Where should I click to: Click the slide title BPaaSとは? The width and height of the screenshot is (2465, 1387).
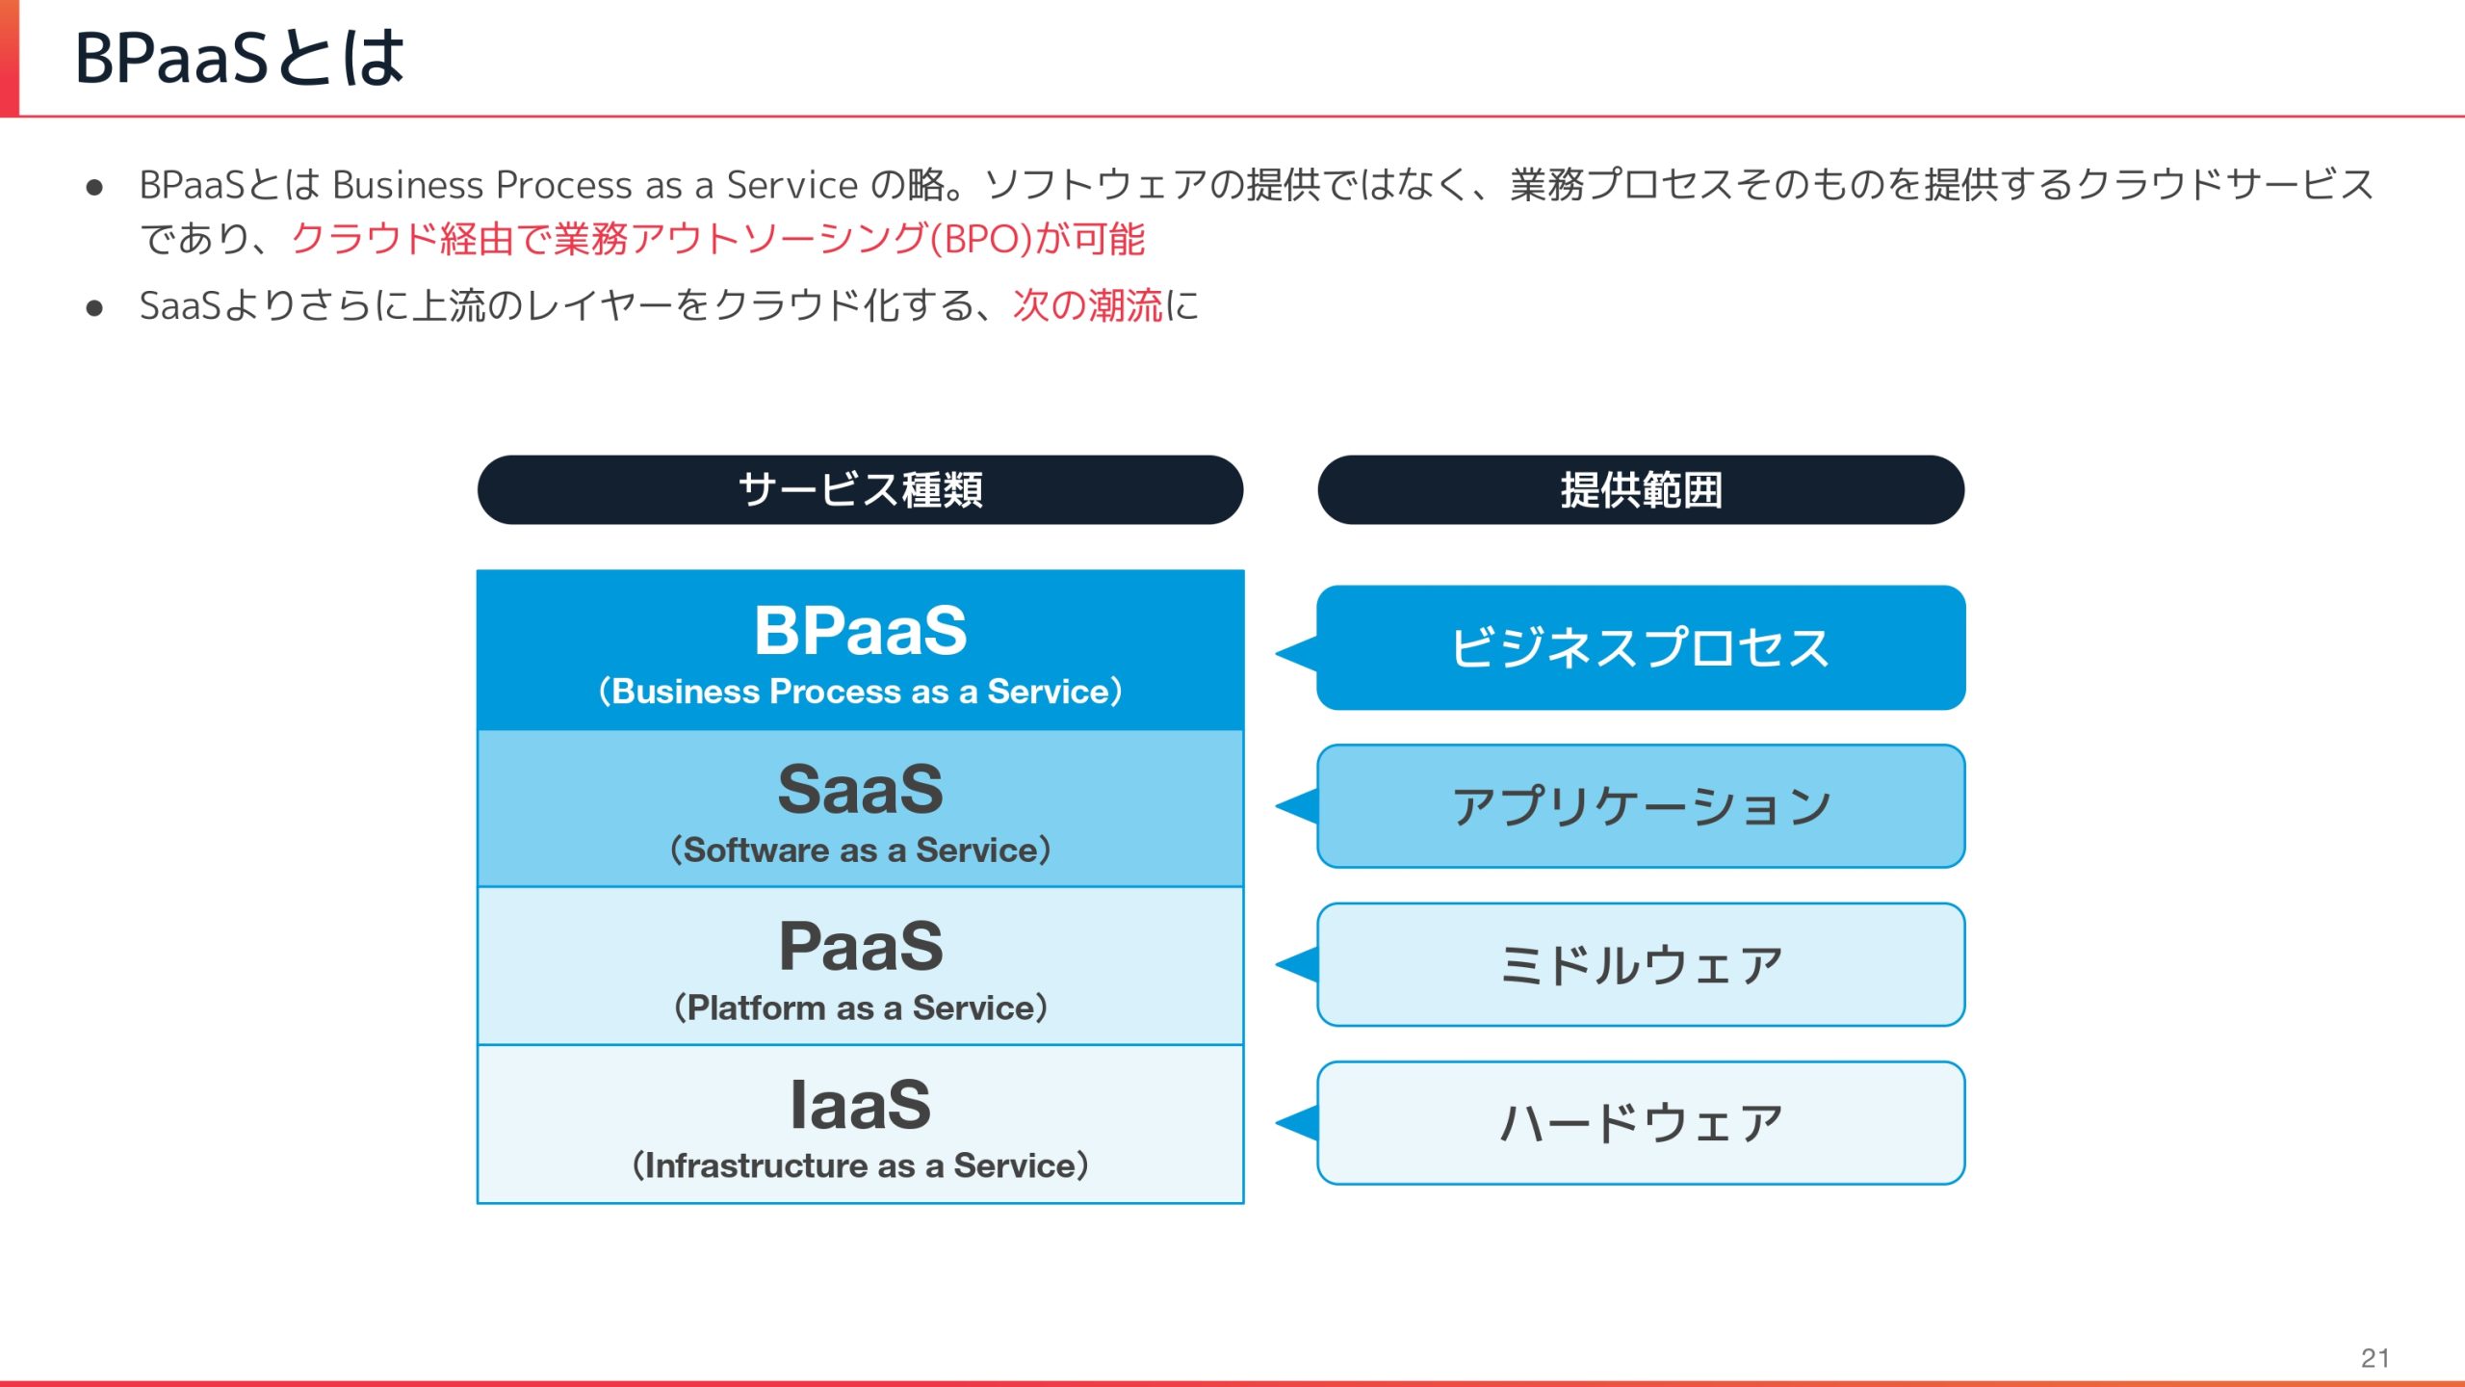[239, 58]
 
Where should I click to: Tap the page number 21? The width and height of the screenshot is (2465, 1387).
[2374, 1358]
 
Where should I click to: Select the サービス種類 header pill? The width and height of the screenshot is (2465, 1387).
[860, 490]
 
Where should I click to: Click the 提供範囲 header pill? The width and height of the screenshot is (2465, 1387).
[1641, 490]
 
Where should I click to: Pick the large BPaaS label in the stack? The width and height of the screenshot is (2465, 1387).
[860, 631]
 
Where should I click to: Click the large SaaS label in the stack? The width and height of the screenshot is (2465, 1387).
[860, 790]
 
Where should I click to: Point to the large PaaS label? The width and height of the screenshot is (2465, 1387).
[860, 947]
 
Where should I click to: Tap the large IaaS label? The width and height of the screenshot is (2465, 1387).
[860, 1105]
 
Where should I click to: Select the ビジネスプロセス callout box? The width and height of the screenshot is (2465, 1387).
[1641, 647]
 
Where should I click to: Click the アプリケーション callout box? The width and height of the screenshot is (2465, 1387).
[1641, 806]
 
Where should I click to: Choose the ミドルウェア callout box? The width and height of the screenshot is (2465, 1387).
[1641, 964]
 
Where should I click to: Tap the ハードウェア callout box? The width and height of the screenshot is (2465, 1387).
[1641, 1123]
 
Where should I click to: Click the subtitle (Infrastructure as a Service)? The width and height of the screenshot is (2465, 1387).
[860, 1165]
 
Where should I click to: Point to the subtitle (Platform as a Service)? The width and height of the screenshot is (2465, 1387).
[860, 1008]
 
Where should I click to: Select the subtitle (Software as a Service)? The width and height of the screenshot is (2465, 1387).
[860, 850]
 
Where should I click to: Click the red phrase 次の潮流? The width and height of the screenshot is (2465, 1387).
[1087, 306]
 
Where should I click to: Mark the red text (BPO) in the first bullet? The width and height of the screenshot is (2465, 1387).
[981, 239]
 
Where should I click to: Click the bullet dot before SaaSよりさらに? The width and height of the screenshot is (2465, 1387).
[94, 308]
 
